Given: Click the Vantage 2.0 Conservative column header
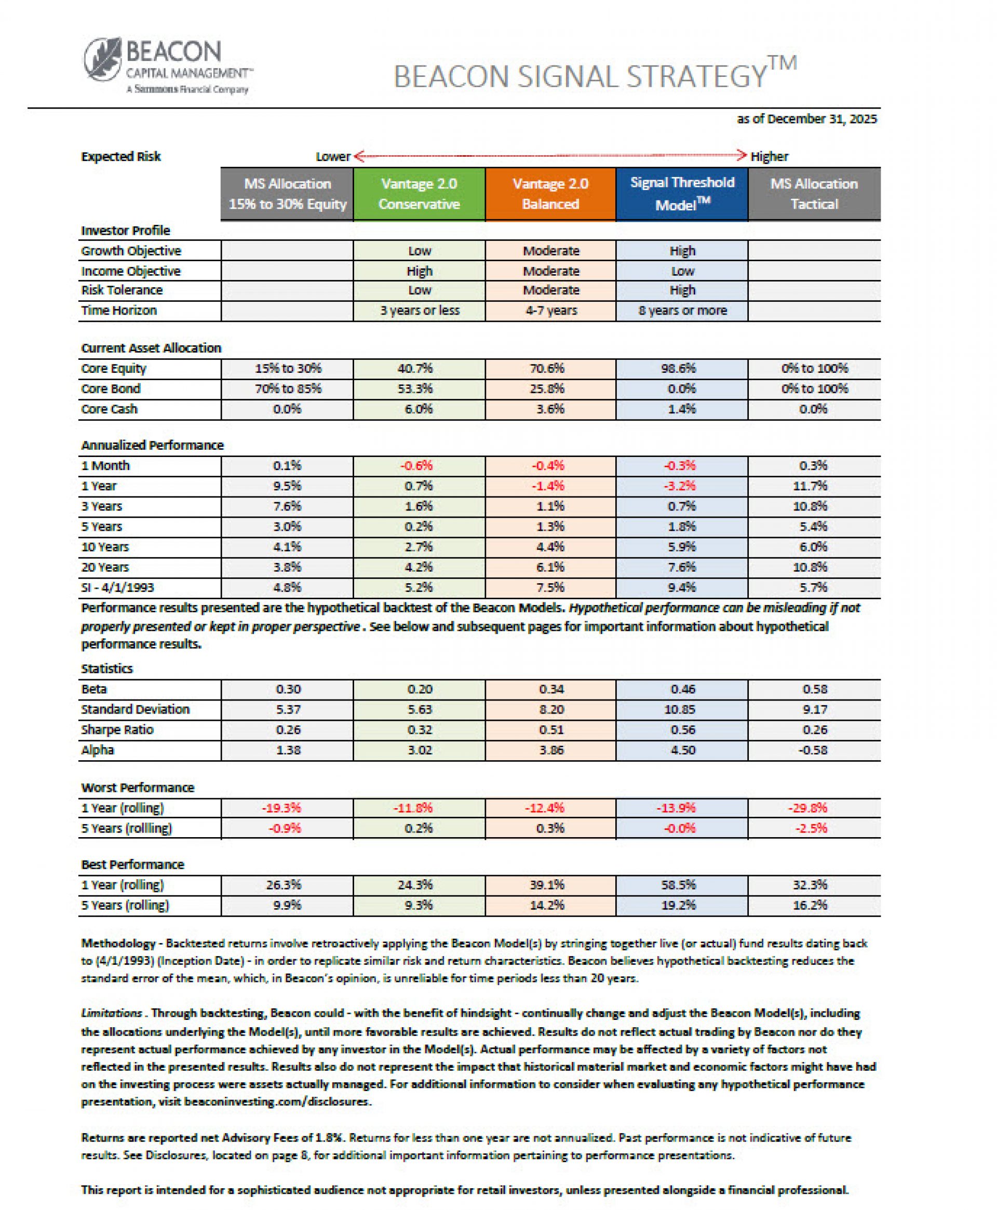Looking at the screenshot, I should click(419, 194).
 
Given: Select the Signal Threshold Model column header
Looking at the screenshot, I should click(682, 194).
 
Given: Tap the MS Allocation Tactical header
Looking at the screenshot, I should click(814, 194).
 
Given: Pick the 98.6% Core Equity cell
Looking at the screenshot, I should click(682, 369).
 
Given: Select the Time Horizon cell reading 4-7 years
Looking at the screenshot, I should click(550, 311).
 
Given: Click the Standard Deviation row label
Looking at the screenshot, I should click(135, 710).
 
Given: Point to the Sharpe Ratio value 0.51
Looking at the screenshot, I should click(551, 730).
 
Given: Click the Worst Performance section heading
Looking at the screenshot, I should click(138, 788).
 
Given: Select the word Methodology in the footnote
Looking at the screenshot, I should click(118, 944).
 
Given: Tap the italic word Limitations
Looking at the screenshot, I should click(112, 1014).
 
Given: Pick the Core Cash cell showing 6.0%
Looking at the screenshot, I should click(419, 409).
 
